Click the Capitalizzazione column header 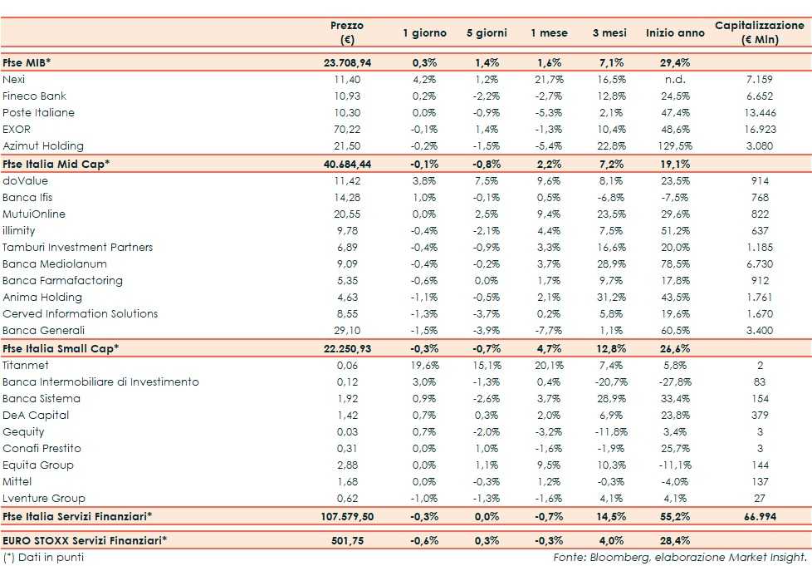click(x=759, y=32)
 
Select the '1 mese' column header click(x=549, y=33)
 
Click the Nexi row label click(x=14, y=79)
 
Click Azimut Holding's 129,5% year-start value click(x=673, y=145)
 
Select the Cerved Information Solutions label click(x=80, y=313)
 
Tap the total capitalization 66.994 click(x=759, y=516)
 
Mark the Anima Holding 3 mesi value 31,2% click(x=610, y=297)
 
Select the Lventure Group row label click(x=43, y=498)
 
